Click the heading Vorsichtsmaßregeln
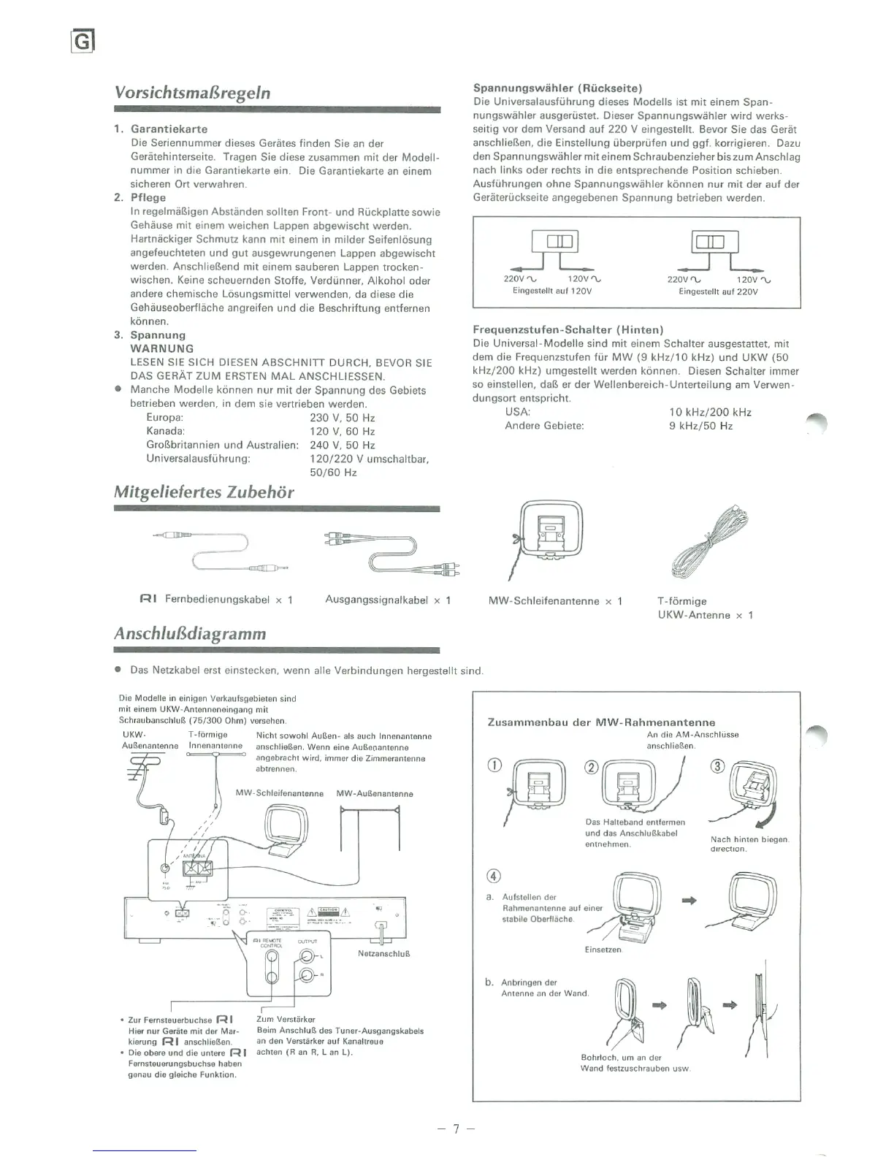(x=192, y=93)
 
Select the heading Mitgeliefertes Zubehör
(x=204, y=492)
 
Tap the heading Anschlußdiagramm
(x=190, y=633)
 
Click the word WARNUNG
(x=162, y=349)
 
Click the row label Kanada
(x=165, y=432)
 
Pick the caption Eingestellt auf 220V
(x=718, y=291)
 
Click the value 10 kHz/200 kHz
(x=710, y=412)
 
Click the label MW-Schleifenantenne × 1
(x=555, y=601)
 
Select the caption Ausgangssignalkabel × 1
(x=388, y=600)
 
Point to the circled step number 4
(x=494, y=877)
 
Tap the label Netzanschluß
(x=378, y=954)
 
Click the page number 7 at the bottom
(x=456, y=1129)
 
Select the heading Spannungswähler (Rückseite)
(x=558, y=88)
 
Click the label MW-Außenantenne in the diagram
(x=375, y=794)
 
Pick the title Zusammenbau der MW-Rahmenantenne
(x=601, y=722)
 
